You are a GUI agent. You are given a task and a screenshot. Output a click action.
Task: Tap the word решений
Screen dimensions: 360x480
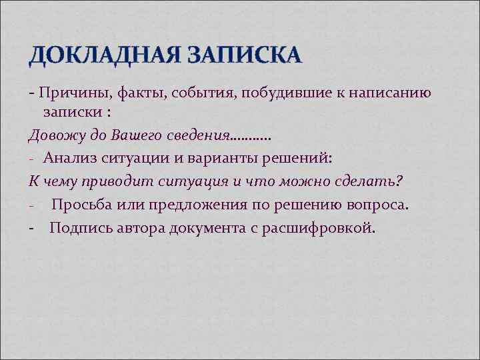click(292, 157)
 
